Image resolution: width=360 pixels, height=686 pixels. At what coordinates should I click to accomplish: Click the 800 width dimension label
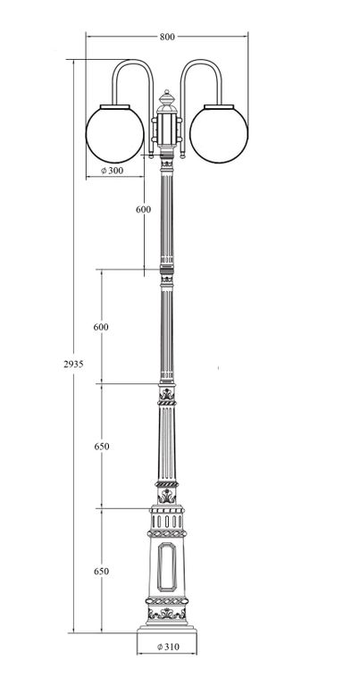(x=167, y=37)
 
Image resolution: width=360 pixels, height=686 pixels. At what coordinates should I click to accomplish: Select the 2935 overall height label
(x=73, y=364)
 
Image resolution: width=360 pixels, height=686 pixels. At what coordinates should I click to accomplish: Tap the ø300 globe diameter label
(x=113, y=171)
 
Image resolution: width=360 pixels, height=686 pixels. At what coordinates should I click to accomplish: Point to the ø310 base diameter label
(x=168, y=646)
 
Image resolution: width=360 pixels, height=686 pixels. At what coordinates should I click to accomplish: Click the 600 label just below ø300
(x=144, y=210)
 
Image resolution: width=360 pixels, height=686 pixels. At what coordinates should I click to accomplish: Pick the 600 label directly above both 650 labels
(x=101, y=327)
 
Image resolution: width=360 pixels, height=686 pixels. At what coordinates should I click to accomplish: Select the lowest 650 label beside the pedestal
(x=102, y=572)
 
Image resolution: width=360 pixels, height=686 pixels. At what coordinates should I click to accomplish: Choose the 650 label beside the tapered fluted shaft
(x=102, y=447)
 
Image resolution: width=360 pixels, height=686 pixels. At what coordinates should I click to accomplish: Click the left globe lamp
(x=115, y=134)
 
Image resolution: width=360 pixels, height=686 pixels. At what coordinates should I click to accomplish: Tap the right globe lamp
(x=219, y=134)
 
